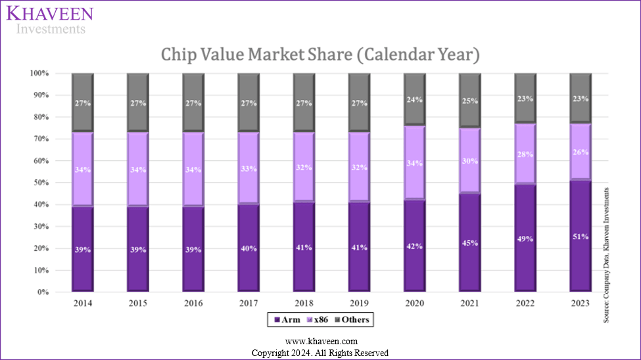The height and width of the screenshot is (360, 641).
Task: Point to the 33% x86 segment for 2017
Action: pos(248,169)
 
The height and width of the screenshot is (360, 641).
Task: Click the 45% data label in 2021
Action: pos(469,243)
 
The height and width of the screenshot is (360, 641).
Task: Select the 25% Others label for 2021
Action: pos(469,101)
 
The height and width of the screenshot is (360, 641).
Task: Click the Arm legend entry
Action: pos(287,320)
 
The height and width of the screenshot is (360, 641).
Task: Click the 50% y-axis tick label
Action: pos(41,183)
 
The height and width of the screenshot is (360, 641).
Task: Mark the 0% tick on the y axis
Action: pos(43,292)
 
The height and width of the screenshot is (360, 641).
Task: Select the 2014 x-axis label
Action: pos(82,304)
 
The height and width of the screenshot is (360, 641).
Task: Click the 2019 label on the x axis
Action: pos(358,304)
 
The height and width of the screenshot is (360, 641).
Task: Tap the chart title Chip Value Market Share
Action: pos(320,55)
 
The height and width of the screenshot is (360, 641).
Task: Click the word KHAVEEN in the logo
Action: pos(51,14)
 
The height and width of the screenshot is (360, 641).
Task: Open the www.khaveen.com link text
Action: pos(321,342)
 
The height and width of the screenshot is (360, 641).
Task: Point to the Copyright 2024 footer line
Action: pos(320,353)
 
